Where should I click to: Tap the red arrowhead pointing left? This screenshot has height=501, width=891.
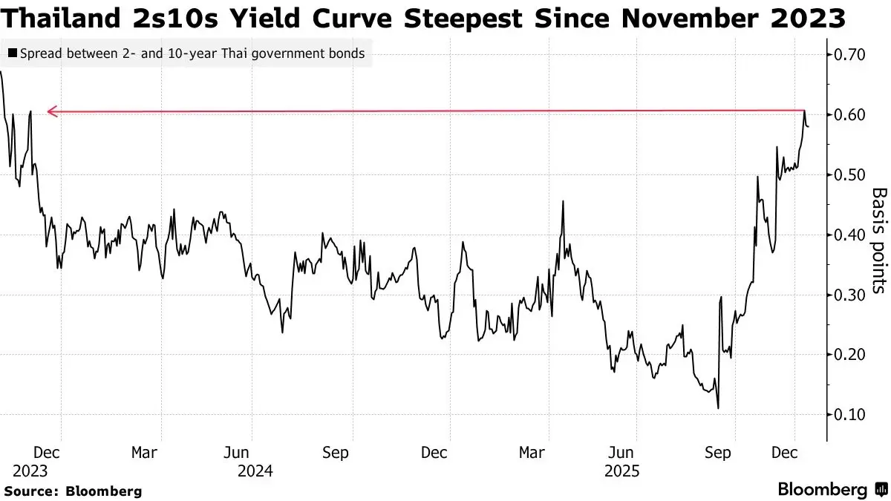click(x=51, y=112)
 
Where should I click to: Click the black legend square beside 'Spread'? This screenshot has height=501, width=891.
click(x=11, y=53)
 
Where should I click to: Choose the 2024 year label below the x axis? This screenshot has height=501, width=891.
click(x=254, y=471)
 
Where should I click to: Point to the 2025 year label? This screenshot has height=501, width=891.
click(x=622, y=471)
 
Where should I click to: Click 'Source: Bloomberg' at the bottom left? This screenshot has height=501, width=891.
click(x=73, y=491)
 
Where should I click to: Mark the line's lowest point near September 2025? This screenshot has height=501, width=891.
click(x=718, y=407)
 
